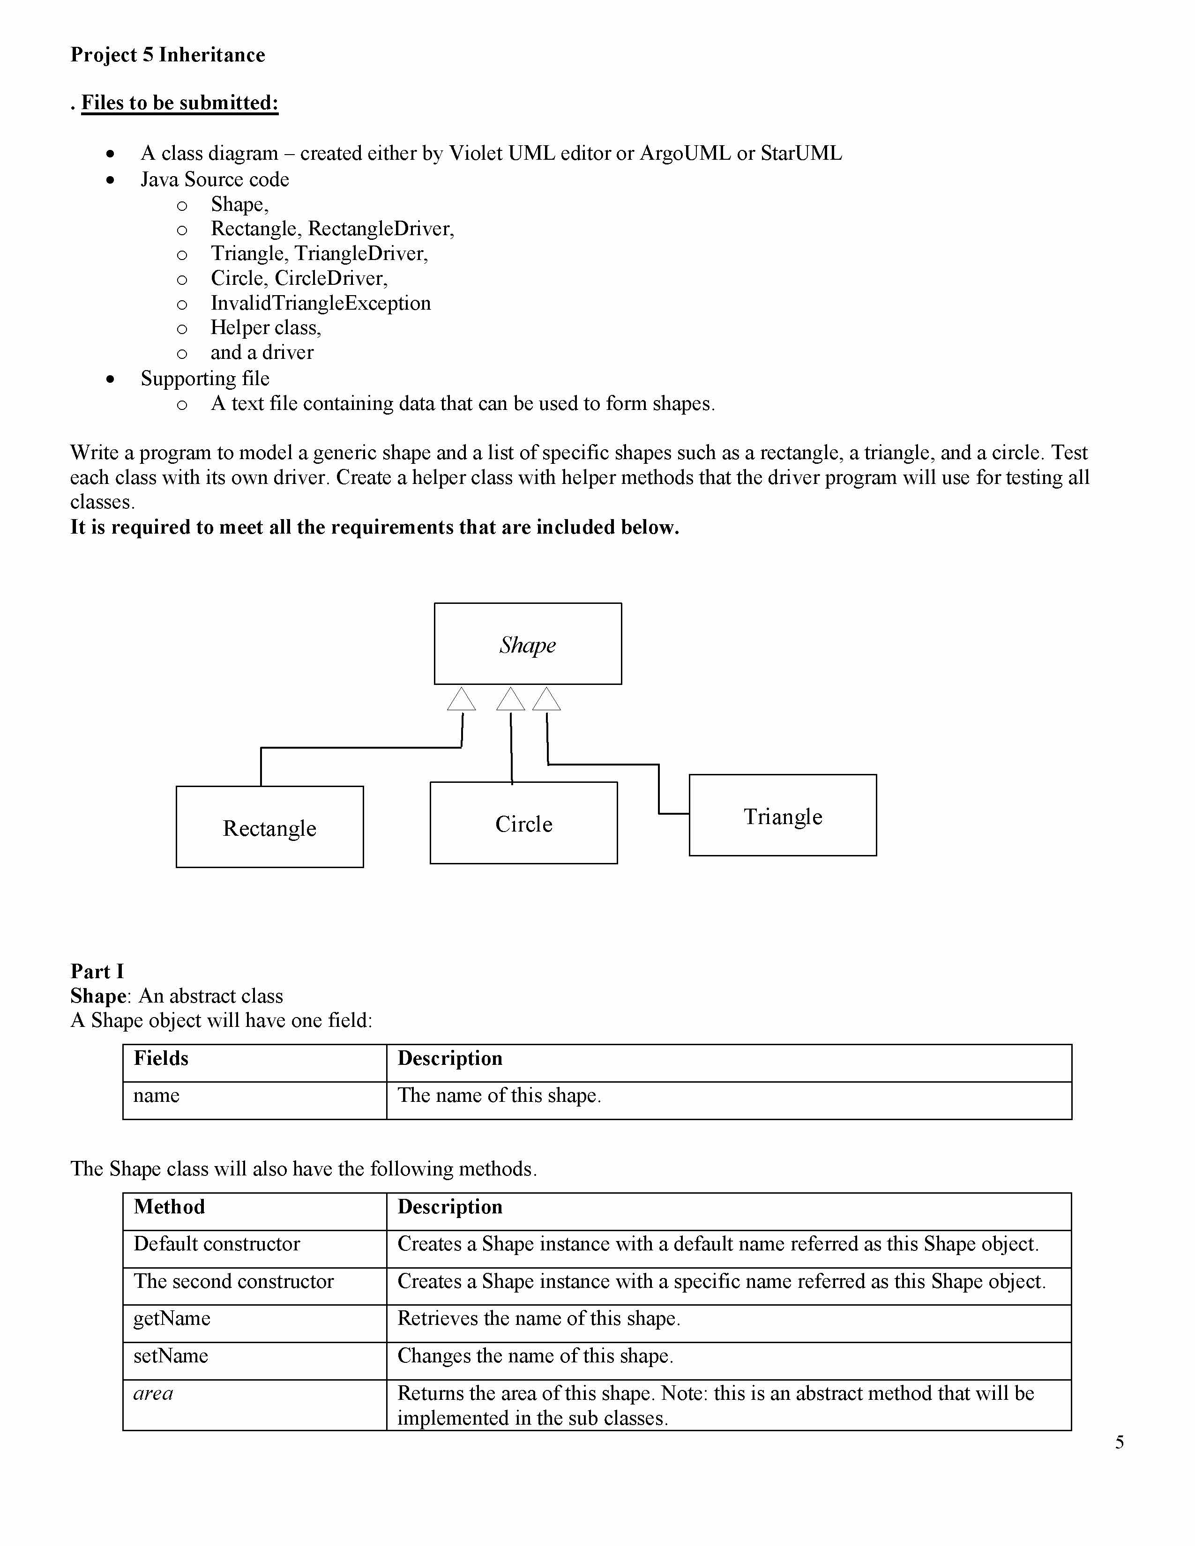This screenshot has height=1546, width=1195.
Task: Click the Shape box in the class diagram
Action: click(527, 643)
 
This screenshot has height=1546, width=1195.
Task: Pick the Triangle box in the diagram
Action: click(782, 816)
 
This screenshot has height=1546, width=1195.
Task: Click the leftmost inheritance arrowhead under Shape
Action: click(462, 699)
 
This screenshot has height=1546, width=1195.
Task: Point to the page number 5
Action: click(1119, 1442)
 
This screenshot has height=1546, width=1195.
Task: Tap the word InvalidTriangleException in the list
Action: click(321, 303)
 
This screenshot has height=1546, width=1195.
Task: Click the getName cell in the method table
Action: click(172, 1318)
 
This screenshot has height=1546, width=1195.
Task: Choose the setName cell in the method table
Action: click(171, 1356)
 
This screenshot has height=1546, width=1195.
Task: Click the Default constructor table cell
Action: click(217, 1244)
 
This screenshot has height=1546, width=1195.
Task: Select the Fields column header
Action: click(161, 1058)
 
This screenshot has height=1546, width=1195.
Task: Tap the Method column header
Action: click(169, 1207)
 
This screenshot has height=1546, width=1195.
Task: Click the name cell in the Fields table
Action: click(157, 1095)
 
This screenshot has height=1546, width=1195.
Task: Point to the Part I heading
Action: click(97, 971)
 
